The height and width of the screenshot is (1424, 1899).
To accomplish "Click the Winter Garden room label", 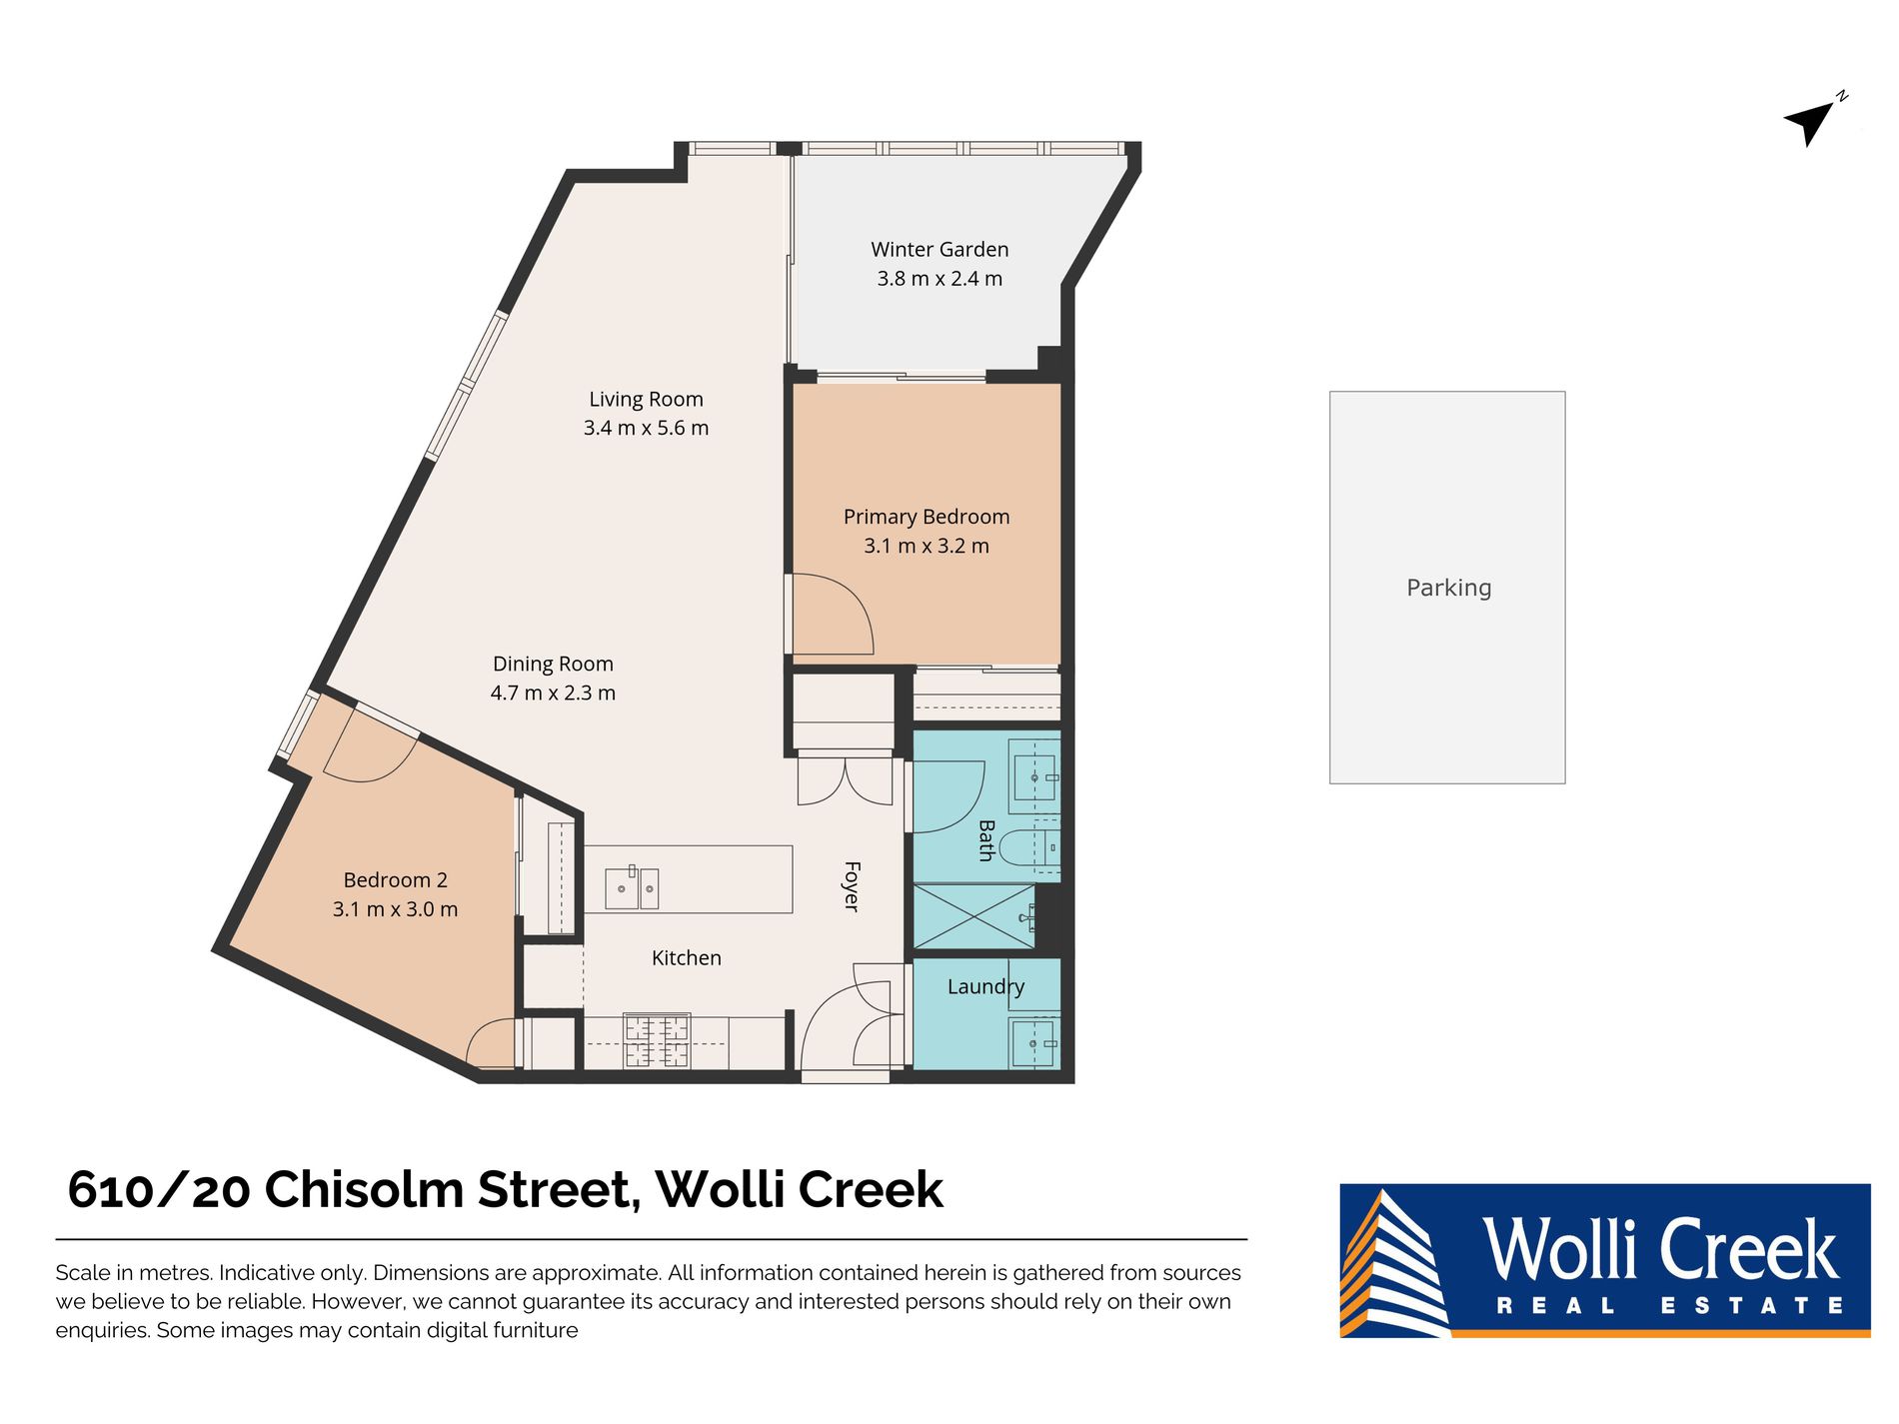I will [x=939, y=250].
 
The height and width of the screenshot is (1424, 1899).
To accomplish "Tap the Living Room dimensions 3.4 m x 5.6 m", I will [x=646, y=429].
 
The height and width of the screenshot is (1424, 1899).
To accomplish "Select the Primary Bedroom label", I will [x=926, y=517].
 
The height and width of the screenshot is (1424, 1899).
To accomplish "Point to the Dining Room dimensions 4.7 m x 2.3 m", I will [x=553, y=694].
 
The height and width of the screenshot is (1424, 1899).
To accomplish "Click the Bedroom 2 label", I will [x=395, y=880].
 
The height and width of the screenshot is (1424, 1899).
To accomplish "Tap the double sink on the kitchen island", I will [x=632, y=888].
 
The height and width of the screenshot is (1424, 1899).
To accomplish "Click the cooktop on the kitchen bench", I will [x=657, y=1041].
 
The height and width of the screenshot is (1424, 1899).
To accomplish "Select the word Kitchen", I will [x=686, y=958].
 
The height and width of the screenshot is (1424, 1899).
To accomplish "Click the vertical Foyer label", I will [x=852, y=886].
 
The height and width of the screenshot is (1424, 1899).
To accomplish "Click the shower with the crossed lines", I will [x=973, y=916].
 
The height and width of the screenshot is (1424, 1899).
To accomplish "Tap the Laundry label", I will [x=985, y=987].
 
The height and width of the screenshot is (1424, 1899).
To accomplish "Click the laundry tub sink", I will [x=1033, y=1042].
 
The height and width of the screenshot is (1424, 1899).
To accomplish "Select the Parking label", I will [x=1448, y=588].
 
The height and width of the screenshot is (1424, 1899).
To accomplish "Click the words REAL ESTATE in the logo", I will [x=1668, y=1306].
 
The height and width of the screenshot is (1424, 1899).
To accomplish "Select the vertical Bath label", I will [x=986, y=840].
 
